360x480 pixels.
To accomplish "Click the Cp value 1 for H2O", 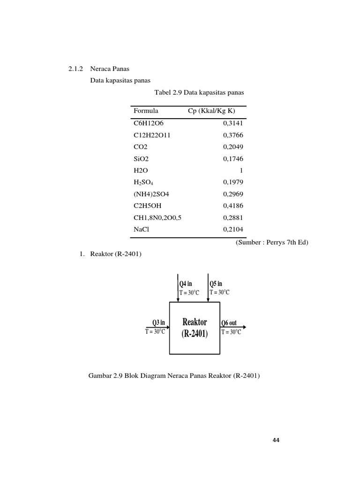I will pos(241,171).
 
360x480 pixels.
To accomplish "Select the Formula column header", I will pos(146,111).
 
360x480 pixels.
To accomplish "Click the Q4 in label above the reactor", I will pos(186,284).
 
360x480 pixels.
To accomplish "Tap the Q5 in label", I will pos(216,284).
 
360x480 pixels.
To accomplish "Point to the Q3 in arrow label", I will pos(158,322).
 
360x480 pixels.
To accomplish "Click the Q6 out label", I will pos(229,323).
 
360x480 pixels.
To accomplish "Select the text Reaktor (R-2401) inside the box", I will pos(195,328).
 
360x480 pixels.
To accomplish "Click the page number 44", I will pos(276,440).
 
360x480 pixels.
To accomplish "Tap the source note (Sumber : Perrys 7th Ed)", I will pos(272,242).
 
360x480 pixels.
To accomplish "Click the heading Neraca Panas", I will pos(106,69).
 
